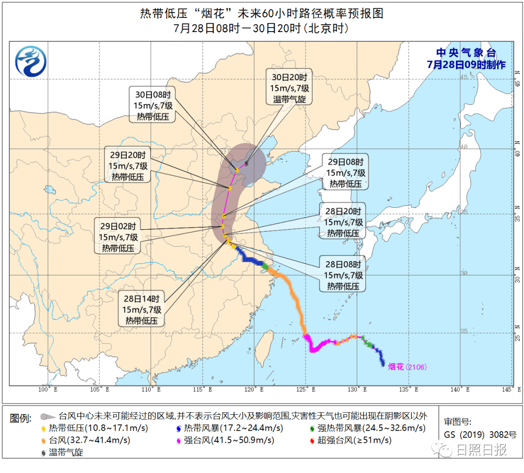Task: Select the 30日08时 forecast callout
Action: pyautogui.click(x=152, y=104)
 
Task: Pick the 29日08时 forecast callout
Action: pyautogui.click(x=345, y=173)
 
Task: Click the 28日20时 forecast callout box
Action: pyautogui.click(x=343, y=222)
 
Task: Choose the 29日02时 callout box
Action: pyautogui.click(x=118, y=236)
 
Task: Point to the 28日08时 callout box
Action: pyautogui.click(x=343, y=275)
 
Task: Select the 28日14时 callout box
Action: pyautogui.click(x=142, y=309)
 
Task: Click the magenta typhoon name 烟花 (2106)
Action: pyautogui.click(x=407, y=367)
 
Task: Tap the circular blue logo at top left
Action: pyautogui.click(x=31, y=62)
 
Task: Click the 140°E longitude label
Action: pyautogui.click(x=458, y=389)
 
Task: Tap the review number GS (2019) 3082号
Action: pyautogui.click(x=480, y=435)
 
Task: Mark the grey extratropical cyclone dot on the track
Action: pyautogui.click(x=247, y=164)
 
